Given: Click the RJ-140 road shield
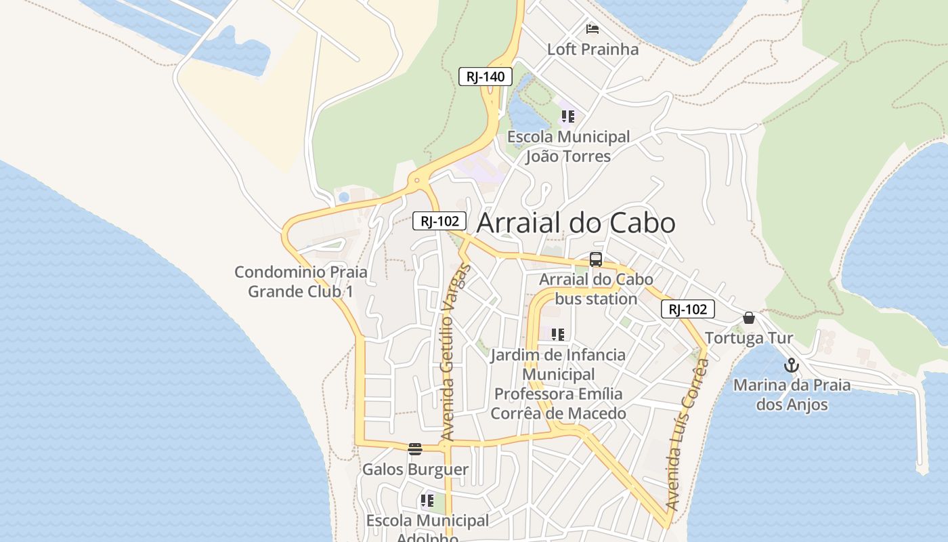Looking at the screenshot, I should pyautogui.click(x=486, y=77).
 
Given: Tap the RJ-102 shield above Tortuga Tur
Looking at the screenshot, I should pyautogui.click(x=687, y=310).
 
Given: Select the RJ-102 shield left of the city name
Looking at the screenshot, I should pyautogui.click(x=439, y=221).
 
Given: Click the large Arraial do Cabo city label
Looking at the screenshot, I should pyautogui.click(x=576, y=223).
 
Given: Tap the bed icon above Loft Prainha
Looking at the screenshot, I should pyautogui.click(x=592, y=29).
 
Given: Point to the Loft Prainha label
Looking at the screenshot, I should pyautogui.click(x=592, y=49).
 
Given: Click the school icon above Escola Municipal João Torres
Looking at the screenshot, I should pyautogui.click(x=567, y=117).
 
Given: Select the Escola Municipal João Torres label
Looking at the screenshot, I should pyautogui.click(x=568, y=146).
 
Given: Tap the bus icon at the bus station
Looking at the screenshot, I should pyautogui.click(x=596, y=259).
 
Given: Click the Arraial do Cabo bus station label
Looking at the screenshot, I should pyautogui.click(x=596, y=289).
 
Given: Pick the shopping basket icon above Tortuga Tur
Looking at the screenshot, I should pyautogui.click(x=749, y=318).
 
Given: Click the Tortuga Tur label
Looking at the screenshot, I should pyautogui.click(x=749, y=338).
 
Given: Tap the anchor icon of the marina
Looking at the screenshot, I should pyautogui.click(x=792, y=366).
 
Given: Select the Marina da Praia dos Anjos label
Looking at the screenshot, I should pyautogui.click(x=792, y=395).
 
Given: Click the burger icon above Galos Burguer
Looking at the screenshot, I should pyautogui.click(x=415, y=449).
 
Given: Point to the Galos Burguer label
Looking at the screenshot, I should pyautogui.click(x=415, y=470).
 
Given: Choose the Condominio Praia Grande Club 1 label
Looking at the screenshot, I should pyautogui.click(x=301, y=282).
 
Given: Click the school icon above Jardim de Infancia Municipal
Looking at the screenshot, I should pyautogui.click(x=557, y=334).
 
